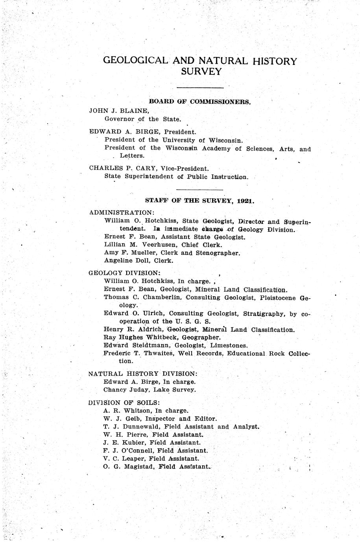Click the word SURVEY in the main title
201,72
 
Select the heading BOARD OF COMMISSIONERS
200,102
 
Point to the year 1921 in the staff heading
246,200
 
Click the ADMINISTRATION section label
122,212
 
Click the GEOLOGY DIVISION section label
124,273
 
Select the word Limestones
233,345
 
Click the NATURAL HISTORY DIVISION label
143,373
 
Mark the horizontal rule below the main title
200,87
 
